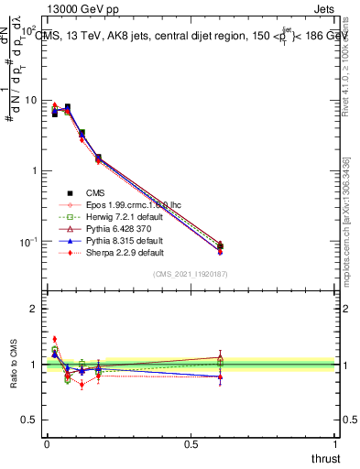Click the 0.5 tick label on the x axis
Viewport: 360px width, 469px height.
pos(191,444)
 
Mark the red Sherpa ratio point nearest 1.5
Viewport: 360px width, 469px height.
pos(55,339)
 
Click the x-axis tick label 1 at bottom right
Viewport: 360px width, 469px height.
pos(334,444)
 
